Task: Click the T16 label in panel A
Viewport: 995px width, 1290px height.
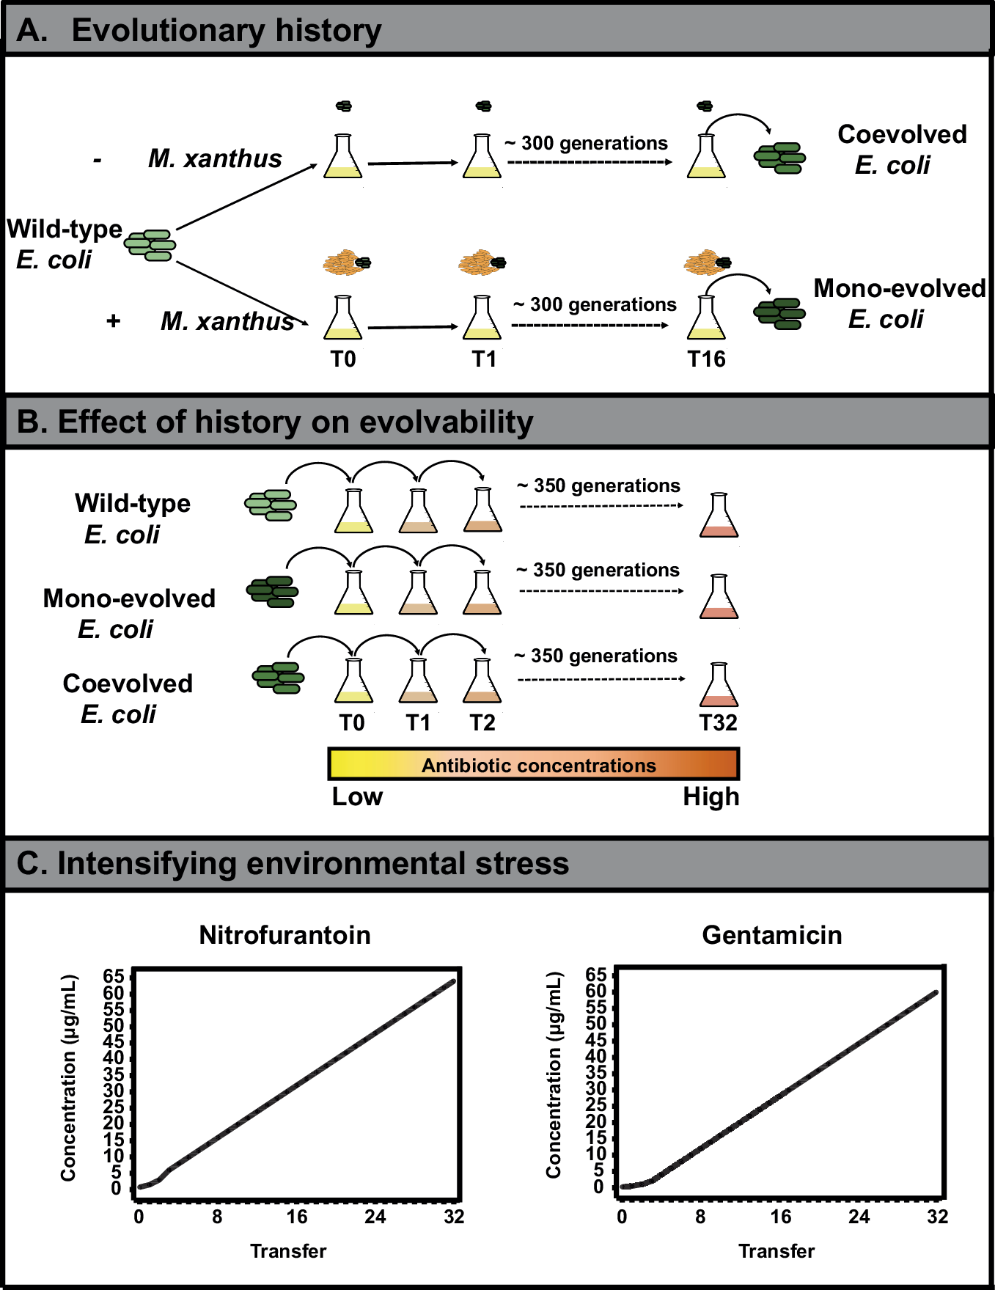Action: [706, 359]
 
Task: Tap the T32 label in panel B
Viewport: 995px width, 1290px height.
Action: [718, 722]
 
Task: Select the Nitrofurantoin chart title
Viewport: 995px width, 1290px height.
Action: [284, 935]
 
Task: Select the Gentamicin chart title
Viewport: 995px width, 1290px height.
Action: [771, 935]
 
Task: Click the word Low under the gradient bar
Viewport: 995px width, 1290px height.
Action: [357, 796]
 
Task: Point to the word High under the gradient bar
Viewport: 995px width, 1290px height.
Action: [711, 796]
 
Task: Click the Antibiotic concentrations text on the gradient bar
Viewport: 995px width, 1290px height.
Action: [538, 766]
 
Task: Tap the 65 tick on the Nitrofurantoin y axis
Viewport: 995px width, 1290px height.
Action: [114, 976]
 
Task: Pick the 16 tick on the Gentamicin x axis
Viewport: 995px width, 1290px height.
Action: [780, 1217]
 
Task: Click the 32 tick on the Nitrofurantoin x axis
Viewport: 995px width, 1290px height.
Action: [454, 1217]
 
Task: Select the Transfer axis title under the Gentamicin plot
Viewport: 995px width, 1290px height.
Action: [776, 1251]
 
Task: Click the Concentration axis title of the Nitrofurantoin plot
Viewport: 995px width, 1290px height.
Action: [69, 1078]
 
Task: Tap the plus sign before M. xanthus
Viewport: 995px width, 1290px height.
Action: [113, 320]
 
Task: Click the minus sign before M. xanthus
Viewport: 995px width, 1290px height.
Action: [98, 161]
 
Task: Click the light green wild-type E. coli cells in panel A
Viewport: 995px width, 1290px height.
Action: [150, 245]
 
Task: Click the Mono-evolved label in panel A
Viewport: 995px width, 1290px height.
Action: [899, 288]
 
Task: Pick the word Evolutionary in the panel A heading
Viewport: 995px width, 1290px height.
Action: [168, 31]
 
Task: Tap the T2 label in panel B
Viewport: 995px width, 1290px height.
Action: [482, 722]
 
